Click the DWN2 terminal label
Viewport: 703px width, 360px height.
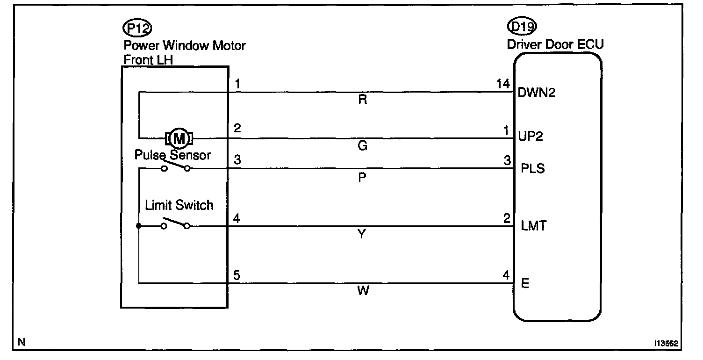coord(537,93)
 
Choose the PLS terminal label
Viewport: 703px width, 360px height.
coord(532,168)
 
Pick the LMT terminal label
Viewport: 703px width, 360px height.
coord(533,226)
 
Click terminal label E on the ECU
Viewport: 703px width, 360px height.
coord(525,284)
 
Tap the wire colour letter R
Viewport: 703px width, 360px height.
coord(362,100)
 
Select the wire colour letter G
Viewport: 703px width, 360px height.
coord(362,146)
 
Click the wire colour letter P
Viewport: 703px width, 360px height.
coord(362,178)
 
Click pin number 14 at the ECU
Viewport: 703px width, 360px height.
coord(503,85)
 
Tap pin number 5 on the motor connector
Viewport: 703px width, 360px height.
coord(237,275)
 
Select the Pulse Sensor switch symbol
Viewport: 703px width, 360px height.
coord(176,167)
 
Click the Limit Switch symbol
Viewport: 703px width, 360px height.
coord(175,224)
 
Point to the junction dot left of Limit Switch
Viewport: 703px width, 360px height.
coord(139,226)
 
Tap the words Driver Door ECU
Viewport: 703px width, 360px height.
coord(555,45)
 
